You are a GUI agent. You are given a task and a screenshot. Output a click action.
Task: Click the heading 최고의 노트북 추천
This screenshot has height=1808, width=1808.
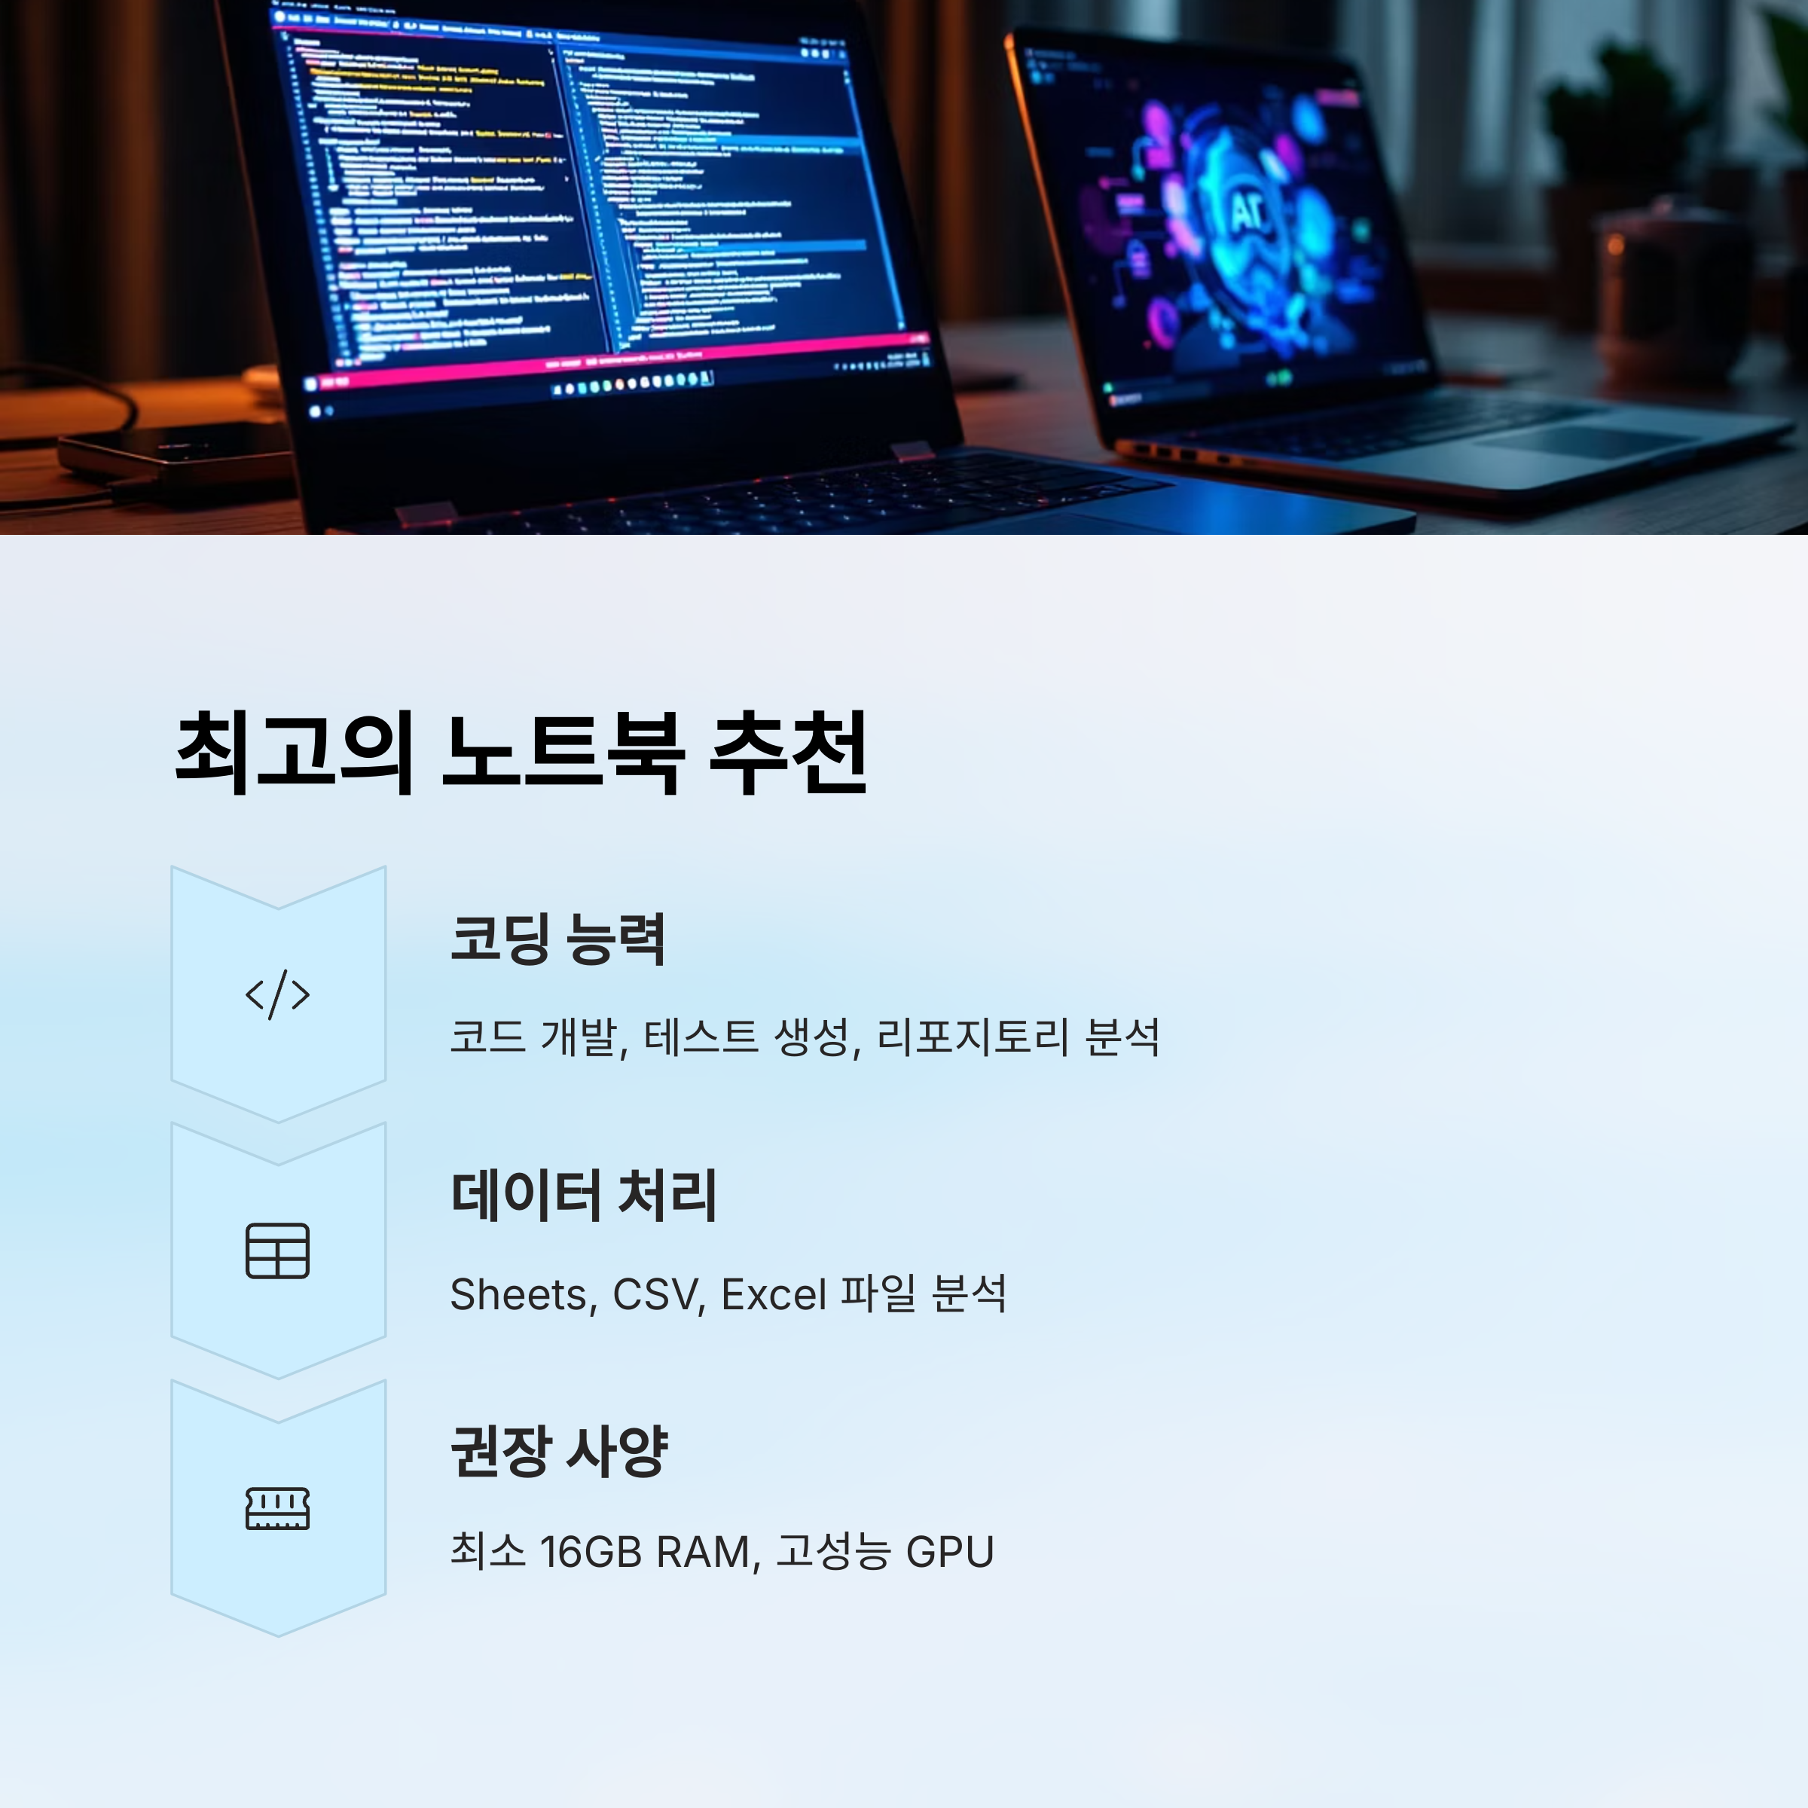521,753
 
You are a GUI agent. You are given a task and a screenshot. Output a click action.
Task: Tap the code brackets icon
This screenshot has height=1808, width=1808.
277,994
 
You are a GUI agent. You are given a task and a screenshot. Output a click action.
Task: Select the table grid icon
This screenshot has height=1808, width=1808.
277,1251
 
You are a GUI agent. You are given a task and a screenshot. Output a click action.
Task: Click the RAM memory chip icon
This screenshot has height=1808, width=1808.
277,1507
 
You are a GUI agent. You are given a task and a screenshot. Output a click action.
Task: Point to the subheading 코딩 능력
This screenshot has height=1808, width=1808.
557,939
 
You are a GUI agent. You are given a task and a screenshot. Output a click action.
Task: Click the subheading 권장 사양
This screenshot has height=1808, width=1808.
559,1452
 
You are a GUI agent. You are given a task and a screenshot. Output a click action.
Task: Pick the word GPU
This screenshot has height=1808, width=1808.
949,1552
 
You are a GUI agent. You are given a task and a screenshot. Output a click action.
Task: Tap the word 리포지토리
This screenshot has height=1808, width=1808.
973,1037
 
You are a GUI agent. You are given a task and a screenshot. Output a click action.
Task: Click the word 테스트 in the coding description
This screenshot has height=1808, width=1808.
701,1037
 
